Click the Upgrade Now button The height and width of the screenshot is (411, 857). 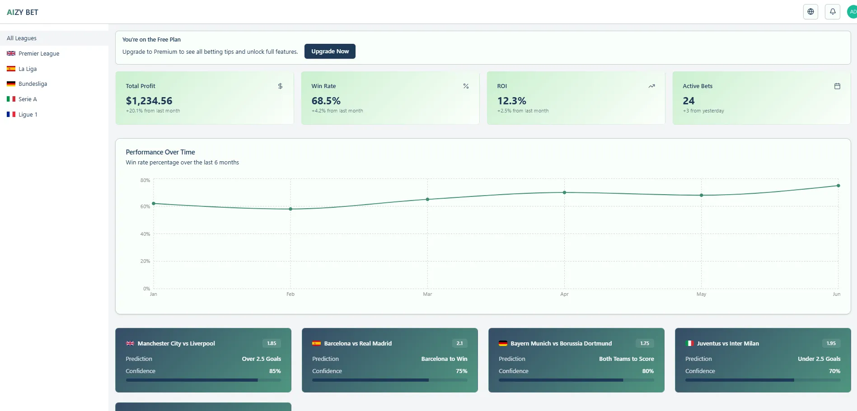pos(330,51)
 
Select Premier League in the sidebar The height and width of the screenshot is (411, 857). pos(39,53)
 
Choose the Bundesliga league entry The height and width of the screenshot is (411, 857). pos(33,84)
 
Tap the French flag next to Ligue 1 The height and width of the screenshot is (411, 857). pos(11,115)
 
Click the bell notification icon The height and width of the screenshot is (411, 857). pos(832,12)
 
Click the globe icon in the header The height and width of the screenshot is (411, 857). pos(810,12)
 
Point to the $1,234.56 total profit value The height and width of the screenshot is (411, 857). pos(149,101)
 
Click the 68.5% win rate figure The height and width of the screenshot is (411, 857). pos(326,101)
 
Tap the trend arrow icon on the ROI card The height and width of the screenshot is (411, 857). pos(651,86)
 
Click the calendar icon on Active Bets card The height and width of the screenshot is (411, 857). pos(837,86)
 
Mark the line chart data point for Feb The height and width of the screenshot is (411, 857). pos(290,209)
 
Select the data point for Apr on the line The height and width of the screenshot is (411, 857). pos(564,192)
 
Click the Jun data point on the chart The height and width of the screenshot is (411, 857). pos(838,186)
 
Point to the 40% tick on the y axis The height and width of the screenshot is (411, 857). pos(145,234)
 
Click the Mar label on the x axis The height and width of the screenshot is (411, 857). pos(427,294)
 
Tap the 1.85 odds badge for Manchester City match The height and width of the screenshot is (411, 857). pos(272,343)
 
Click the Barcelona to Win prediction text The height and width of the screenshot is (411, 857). pos(444,359)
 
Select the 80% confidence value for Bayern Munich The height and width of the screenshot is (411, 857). pos(648,371)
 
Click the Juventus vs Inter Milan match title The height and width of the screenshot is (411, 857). pos(728,344)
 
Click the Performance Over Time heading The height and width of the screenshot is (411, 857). pos(160,152)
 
